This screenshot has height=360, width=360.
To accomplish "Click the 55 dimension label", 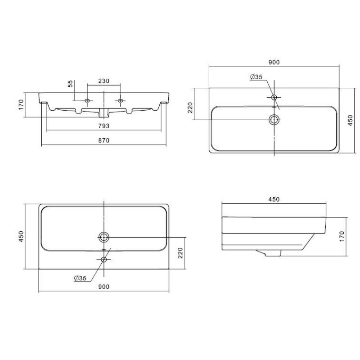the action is coord(71,84).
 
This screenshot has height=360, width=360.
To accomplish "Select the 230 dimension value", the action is coord(104,81).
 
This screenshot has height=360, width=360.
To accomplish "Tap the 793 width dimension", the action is coord(104,126).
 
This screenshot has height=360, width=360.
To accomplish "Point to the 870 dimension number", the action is coord(104,140).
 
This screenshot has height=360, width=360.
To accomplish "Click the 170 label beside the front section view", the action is coord(21,104).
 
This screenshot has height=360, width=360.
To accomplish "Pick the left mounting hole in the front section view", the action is coord(87,100).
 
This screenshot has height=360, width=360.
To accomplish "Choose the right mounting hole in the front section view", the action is coord(120,100).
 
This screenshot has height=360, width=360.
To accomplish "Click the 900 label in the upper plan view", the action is coord(274,62).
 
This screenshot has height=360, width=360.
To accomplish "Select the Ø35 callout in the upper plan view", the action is coord(256,76).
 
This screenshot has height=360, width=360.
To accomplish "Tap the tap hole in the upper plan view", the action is coord(274,97).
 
